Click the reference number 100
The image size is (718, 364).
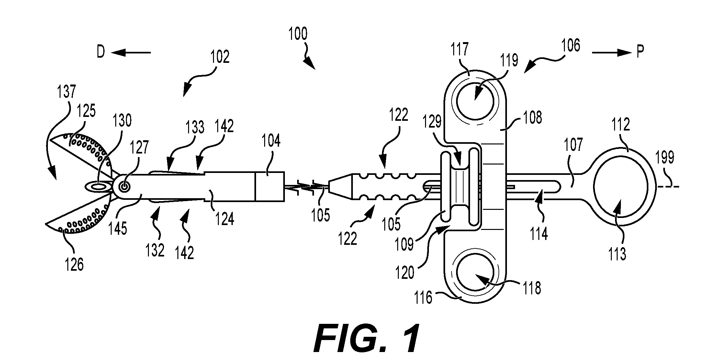click(x=298, y=34)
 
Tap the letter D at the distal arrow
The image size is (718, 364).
click(x=101, y=52)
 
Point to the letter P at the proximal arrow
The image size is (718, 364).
click(x=640, y=52)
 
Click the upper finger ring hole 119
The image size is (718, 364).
click(x=475, y=101)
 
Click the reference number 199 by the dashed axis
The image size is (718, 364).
click(x=665, y=158)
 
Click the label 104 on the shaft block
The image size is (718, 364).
click(x=271, y=142)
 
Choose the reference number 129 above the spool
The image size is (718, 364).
click(x=432, y=122)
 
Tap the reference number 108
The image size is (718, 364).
click(x=532, y=118)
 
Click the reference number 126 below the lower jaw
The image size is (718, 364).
click(x=74, y=264)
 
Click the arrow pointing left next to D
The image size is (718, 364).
click(x=131, y=52)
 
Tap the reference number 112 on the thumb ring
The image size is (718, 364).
click(x=620, y=125)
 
